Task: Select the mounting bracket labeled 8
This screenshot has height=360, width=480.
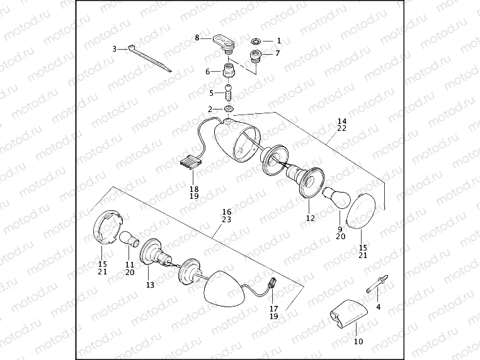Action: [224, 43]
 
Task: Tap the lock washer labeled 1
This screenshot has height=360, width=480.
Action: [256, 41]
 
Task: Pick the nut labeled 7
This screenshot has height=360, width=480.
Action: [256, 57]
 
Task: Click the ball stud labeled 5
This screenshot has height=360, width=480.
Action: [229, 93]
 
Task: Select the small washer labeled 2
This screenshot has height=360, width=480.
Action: [229, 109]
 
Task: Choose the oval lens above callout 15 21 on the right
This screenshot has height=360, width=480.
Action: [361, 211]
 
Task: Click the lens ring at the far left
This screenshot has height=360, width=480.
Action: [108, 227]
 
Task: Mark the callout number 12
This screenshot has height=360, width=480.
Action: [311, 218]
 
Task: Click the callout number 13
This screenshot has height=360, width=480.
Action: [151, 284]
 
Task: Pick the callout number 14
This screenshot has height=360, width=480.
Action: [342, 121]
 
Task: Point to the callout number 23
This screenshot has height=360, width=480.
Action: [227, 219]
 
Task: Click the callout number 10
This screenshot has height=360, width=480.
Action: [358, 341]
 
